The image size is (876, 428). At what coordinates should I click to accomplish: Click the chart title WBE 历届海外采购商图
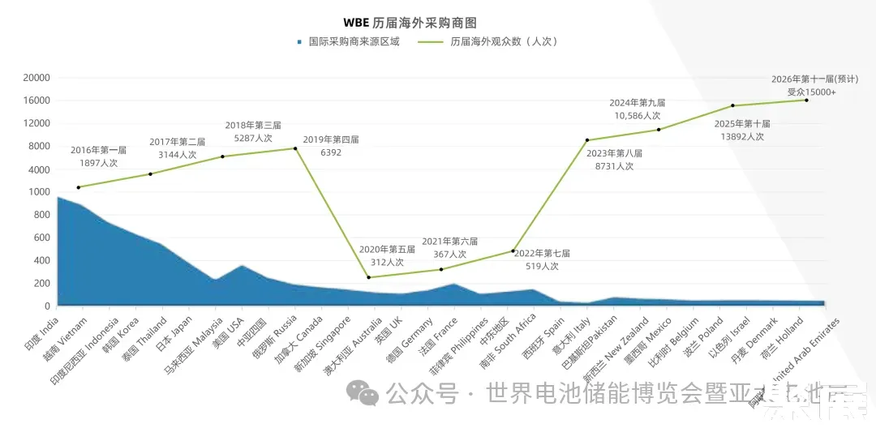[438, 23]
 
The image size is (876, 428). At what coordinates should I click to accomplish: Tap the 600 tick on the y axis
[40, 238]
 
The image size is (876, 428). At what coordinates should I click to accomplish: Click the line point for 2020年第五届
[369, 277]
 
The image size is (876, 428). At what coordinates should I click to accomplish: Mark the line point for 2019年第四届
[295, 148]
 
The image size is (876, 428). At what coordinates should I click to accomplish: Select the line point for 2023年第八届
[586, 140]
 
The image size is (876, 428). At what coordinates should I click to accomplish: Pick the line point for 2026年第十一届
[806, 100]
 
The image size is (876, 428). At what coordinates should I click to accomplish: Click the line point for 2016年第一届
[78, 187]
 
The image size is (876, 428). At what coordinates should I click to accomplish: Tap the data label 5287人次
[252, 138]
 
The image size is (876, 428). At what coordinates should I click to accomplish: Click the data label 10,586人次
[638, 116]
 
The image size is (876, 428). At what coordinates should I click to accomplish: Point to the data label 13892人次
[741, 136]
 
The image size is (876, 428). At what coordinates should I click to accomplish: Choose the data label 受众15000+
[811, 92]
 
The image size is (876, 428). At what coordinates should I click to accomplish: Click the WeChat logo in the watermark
[362, 395]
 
